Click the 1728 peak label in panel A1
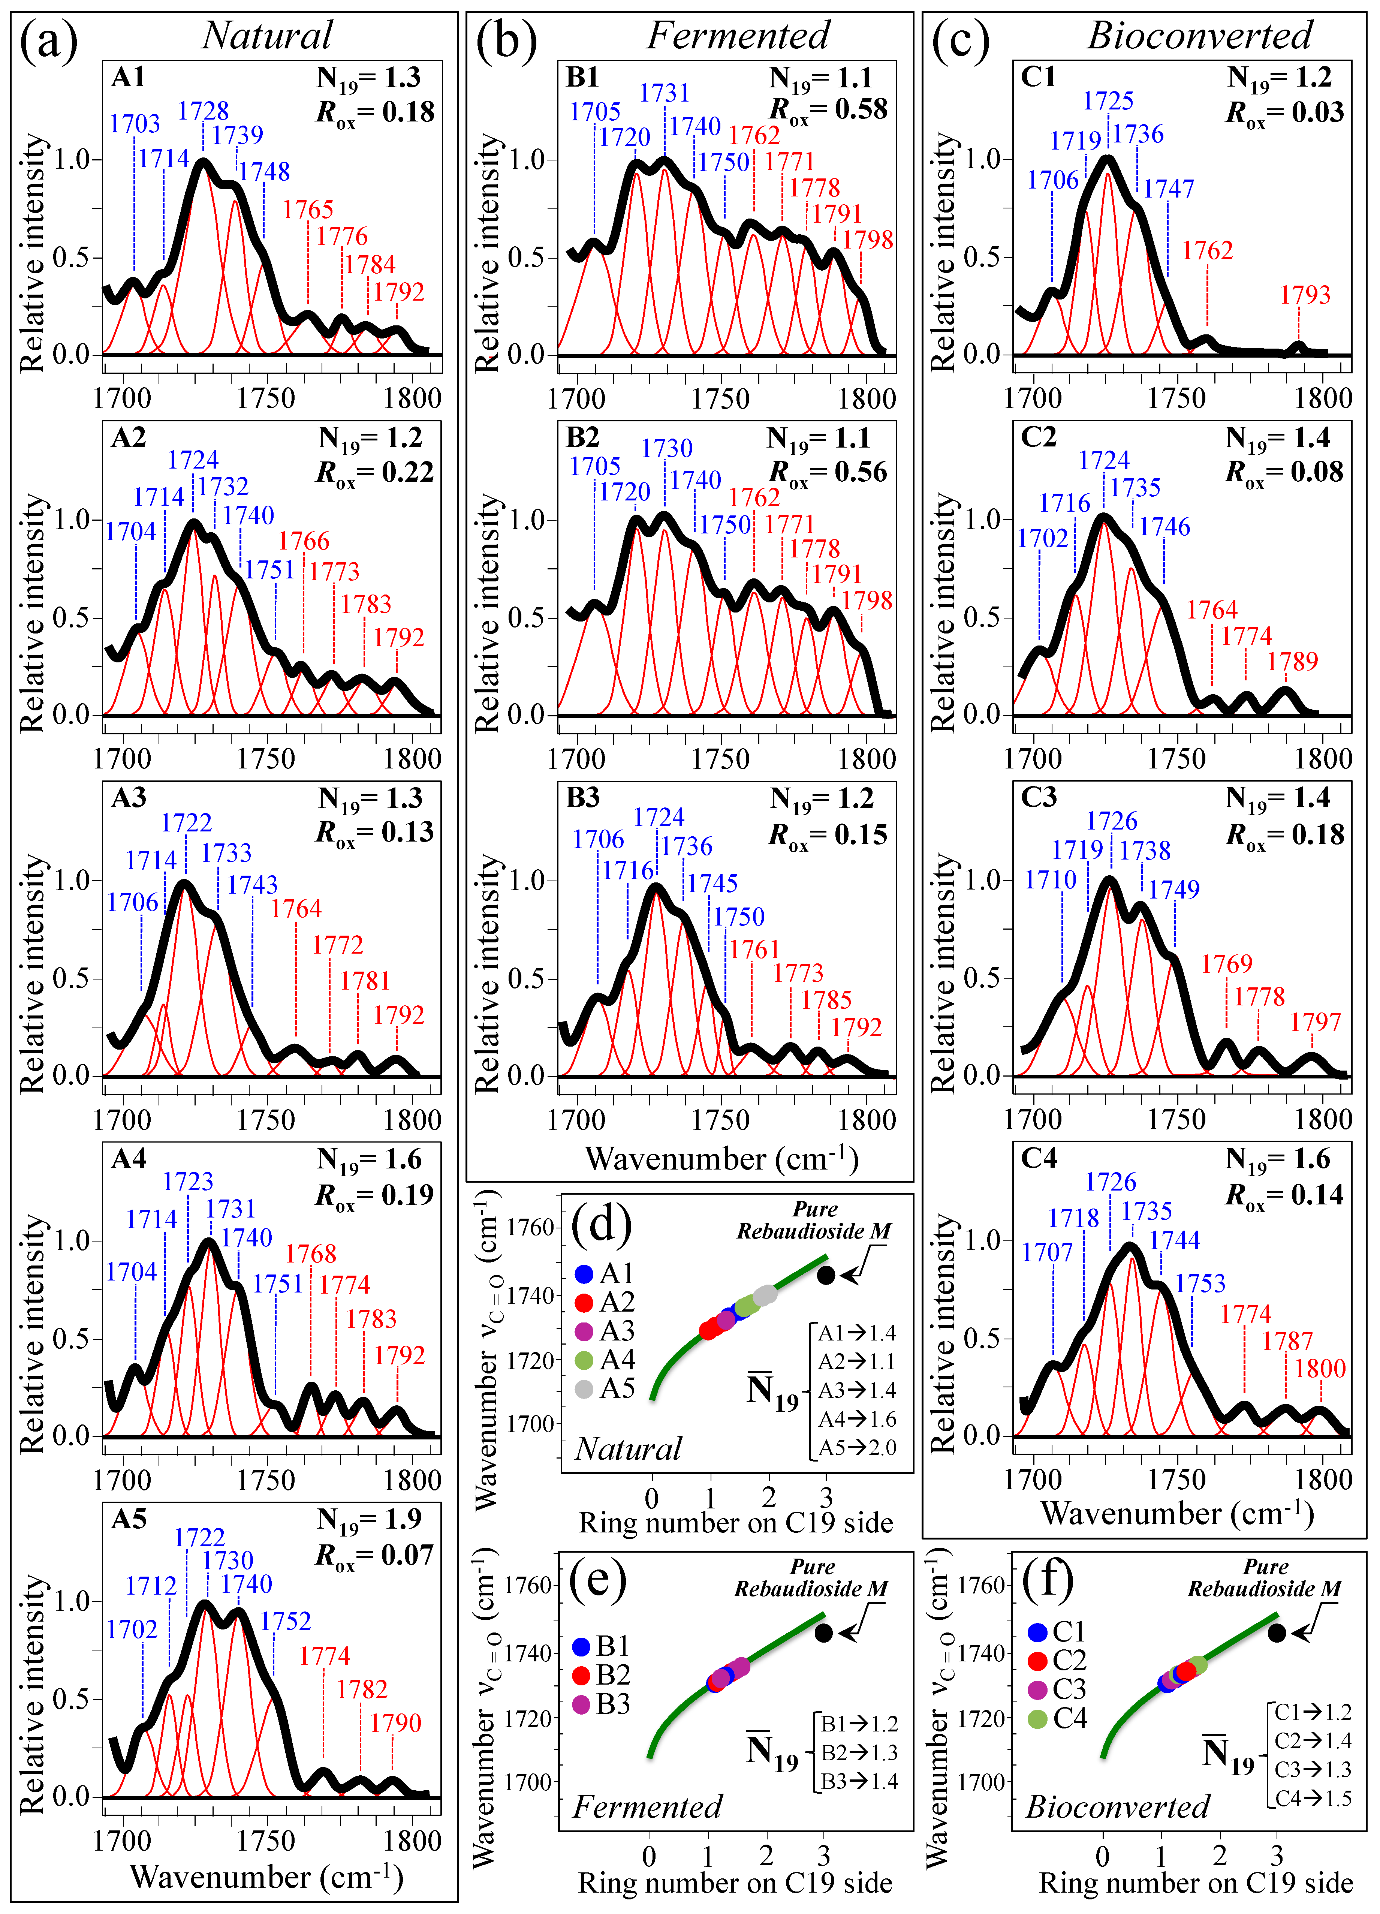point(204,111)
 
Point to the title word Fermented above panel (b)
point(738,36)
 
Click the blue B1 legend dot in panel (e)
point(581,1646)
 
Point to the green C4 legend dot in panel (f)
point(1038,1719)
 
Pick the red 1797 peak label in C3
point(1315,1022)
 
